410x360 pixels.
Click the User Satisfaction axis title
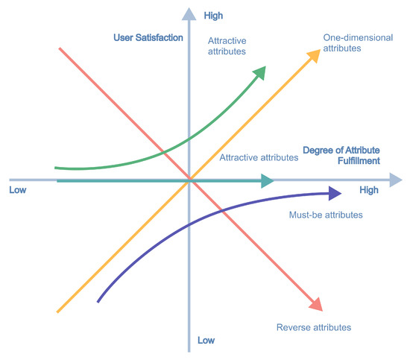(x=148, y=38)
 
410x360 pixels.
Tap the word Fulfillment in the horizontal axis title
(x=359, y=160)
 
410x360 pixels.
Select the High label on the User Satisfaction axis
(x=213, y=16)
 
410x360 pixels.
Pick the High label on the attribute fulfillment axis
(x=369, y=190)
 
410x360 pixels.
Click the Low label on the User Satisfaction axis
(x=206, y=340)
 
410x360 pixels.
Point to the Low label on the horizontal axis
(x=18, y=190)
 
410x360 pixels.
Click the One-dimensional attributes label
(x=358, y=43)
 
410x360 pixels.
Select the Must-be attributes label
(x=326, y=215)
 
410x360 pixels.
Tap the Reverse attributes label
(x=314, y=327)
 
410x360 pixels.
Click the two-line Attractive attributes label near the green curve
(x=227, y=46)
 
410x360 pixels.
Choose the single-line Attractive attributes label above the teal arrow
(x=259, y=157)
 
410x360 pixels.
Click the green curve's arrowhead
(x=260, y=72)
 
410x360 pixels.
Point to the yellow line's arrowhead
(x=314, y=55)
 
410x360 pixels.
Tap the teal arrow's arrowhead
(x=267, y=181)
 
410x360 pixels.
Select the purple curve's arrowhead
(x=335, y=194)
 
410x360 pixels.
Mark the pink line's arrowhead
(x=316, y=305)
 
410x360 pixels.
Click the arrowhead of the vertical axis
(x=189, y=14)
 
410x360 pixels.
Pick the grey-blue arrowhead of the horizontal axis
(x=396, y=180)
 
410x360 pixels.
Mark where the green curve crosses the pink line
(x=163, y=152)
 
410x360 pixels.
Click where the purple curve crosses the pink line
(x=222, y=210)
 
